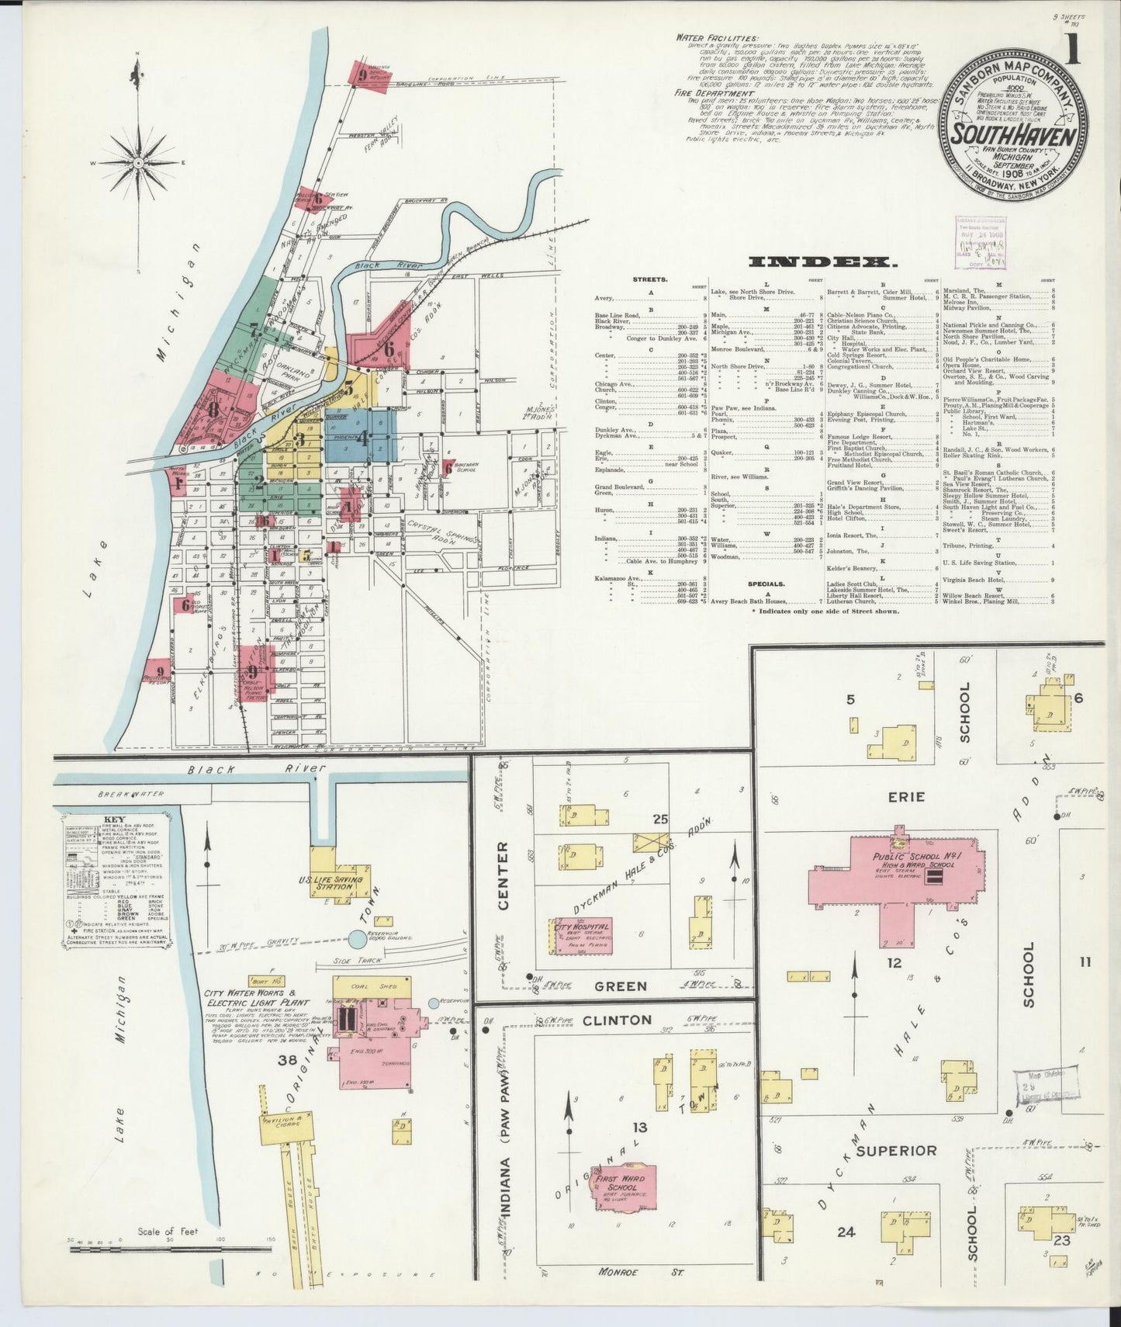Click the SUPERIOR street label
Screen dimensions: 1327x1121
point(897,1150)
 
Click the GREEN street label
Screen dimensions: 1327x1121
point(621,986)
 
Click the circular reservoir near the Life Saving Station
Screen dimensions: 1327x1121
point(358,940)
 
